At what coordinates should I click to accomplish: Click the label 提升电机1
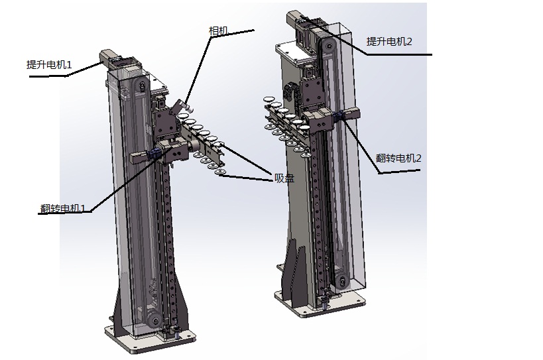[x=49, y=65]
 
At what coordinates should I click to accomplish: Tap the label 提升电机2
[x=389, y=42]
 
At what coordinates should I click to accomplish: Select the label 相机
[x=219, y=30]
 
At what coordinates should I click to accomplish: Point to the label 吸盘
[x=284, y=178]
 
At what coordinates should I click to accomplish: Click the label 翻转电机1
[x=63, y=208]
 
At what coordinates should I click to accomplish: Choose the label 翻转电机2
[x=398, y=158]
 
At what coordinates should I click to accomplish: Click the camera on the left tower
[x=182, y=106]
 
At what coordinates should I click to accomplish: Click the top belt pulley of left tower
[x=141, y=85]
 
